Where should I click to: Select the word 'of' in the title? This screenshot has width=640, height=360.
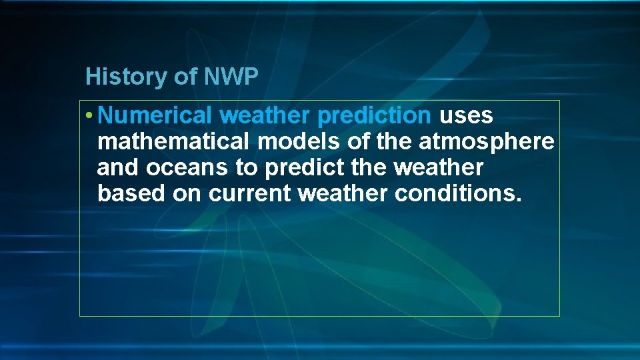[185, 77]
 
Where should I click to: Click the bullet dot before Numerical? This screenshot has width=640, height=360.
[89, 116]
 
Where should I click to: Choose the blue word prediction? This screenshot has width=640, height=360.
[375, 116]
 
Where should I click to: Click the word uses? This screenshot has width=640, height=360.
[466, 116]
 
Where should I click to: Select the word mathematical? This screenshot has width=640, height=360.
[174, 142]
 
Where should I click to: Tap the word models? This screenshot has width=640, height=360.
[299, 142]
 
